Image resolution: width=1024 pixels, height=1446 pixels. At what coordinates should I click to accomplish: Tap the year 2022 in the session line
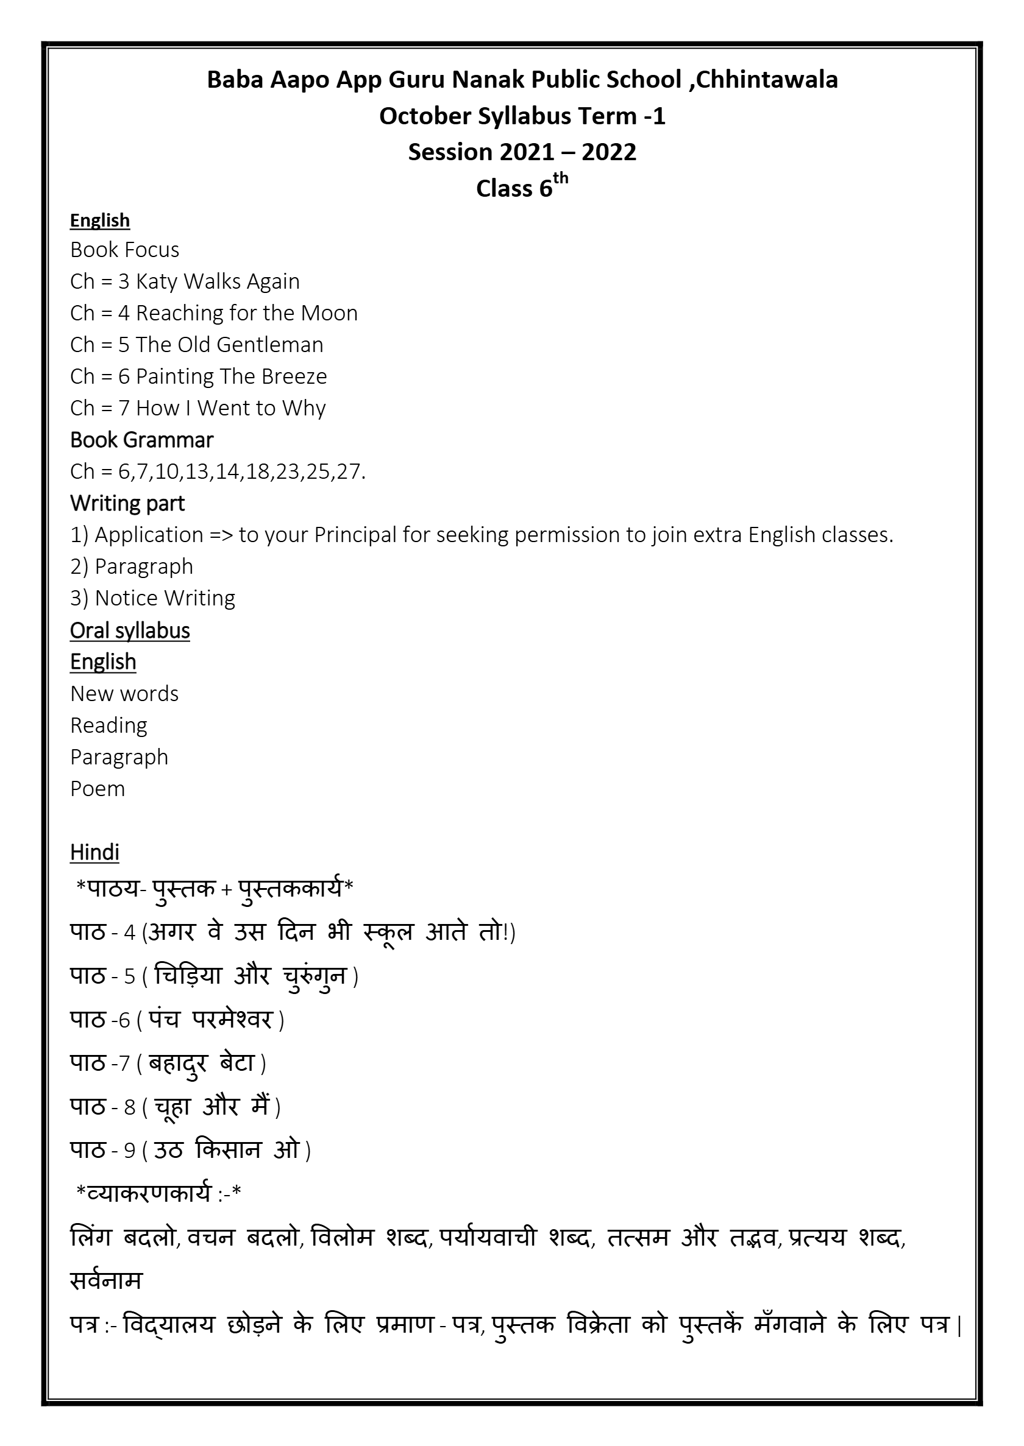(x=608, y=152)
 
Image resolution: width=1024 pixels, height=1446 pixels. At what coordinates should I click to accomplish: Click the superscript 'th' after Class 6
(x=561, y=179)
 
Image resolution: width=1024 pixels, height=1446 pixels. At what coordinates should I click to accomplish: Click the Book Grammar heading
(x=142, y=440)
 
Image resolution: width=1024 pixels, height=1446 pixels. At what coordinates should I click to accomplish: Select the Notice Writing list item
(x=165, y=598)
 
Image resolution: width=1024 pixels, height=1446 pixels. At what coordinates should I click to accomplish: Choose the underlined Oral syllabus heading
(x=130, y=630)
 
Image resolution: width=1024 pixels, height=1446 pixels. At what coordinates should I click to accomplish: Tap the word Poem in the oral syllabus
(x=98, y=789)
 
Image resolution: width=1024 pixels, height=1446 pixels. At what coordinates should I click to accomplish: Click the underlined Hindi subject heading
(x=94, y=853)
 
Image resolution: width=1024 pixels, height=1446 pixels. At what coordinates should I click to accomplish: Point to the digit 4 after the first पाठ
(x=129, y=933)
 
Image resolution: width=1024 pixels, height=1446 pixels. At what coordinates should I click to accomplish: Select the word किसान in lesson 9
(x=228, y=1150)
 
